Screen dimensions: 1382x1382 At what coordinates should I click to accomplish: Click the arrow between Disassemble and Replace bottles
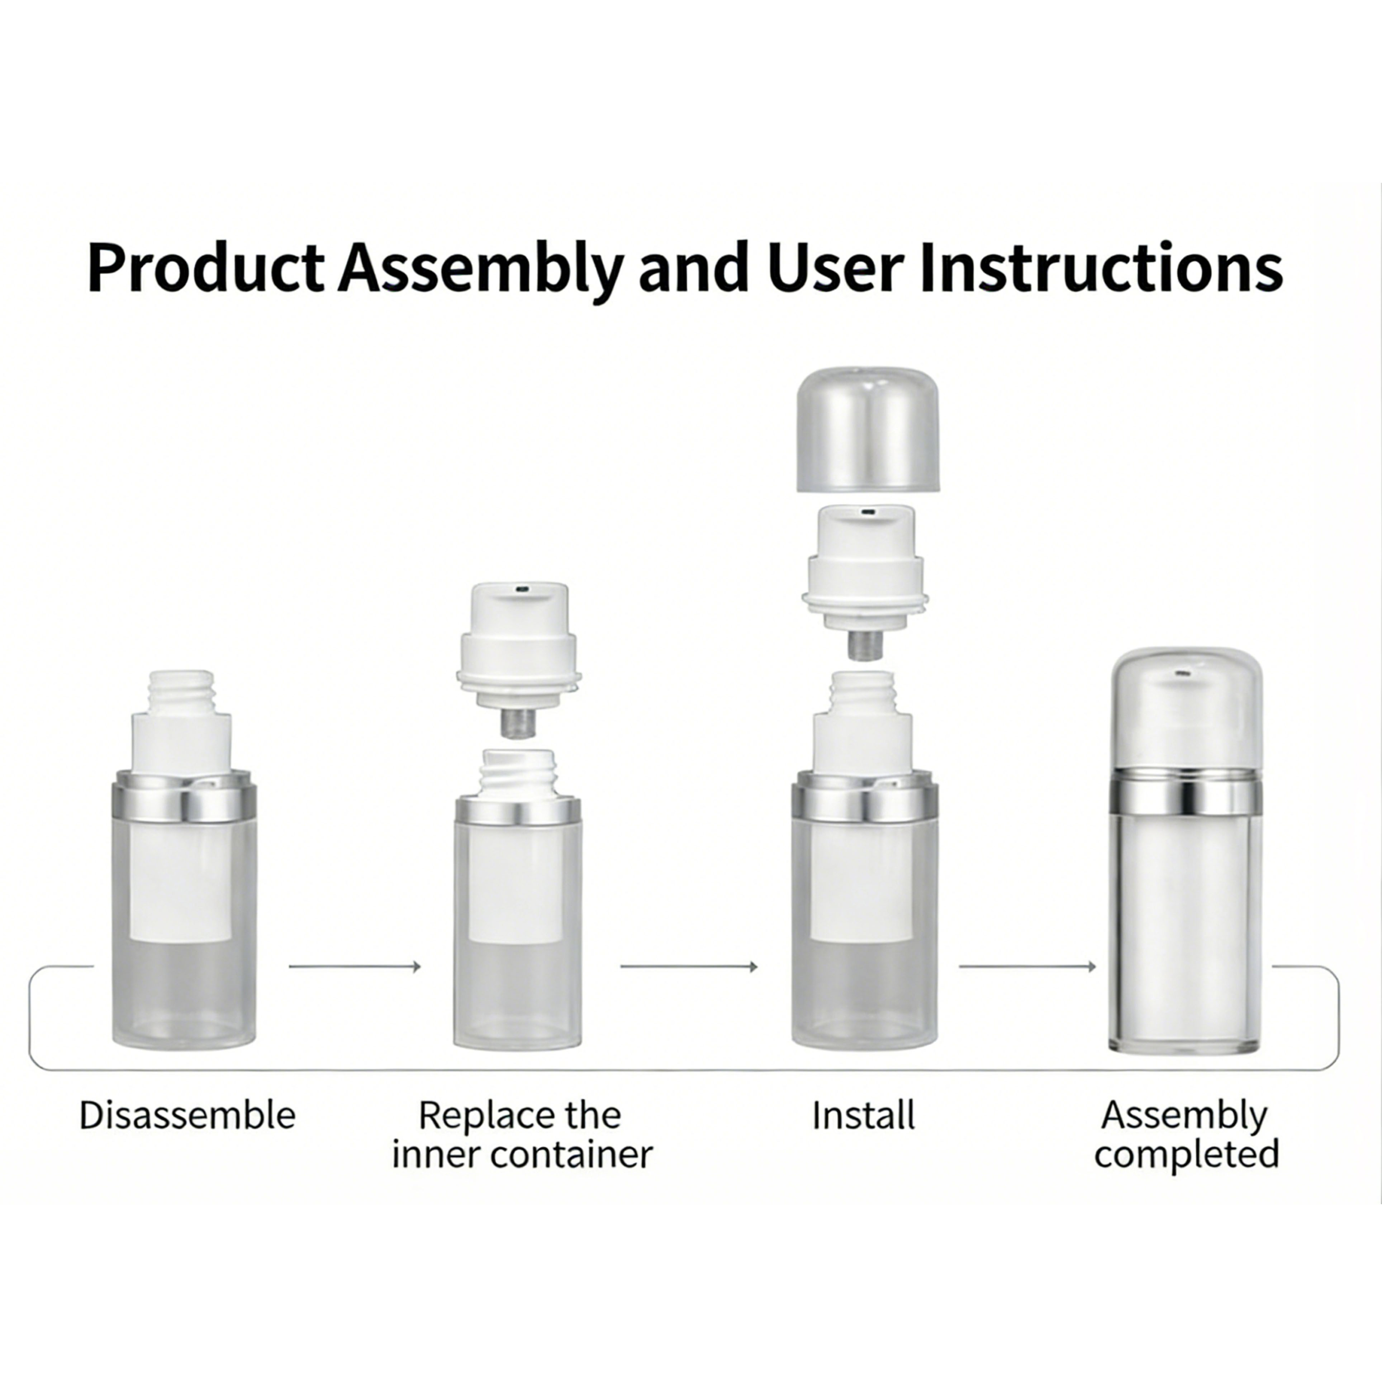(x=354, y=967)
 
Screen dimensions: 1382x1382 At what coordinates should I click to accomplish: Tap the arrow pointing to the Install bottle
(x=688, y=967)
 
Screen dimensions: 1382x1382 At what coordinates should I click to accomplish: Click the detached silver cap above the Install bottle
(x=868, y=429)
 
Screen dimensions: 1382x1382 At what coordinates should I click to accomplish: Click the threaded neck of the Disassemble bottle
(x=182, y=692)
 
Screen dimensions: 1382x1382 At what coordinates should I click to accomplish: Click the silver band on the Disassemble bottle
(x=185, y=803)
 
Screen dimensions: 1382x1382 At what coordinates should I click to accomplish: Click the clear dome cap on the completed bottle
(x=1184, y=708)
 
